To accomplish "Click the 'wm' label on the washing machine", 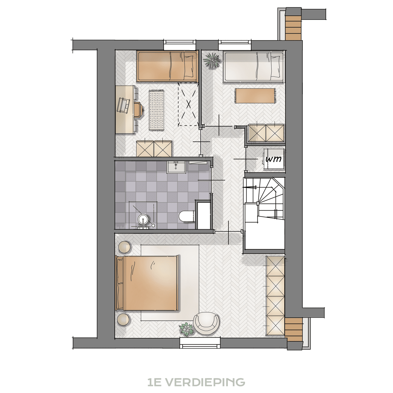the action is (274, 159).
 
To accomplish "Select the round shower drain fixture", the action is (143, 220).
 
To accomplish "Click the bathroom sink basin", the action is (176, 167).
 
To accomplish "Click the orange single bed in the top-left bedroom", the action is (167, 66).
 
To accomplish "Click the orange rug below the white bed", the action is (255, 96).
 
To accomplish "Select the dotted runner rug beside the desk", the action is (156, 110).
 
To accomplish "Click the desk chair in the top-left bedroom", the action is (138, 110).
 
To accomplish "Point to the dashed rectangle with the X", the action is (188, 104).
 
